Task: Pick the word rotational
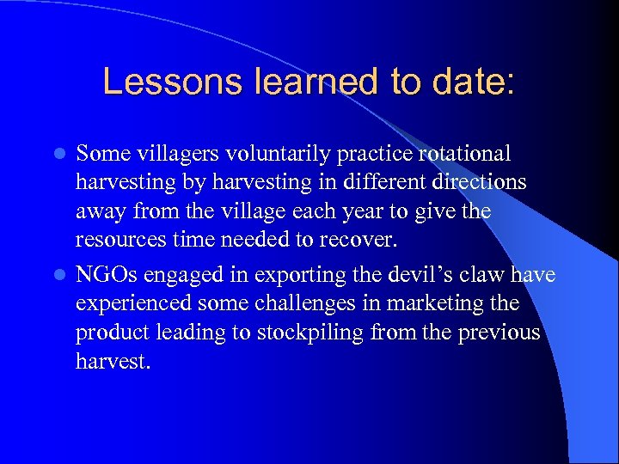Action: (466, 154)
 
